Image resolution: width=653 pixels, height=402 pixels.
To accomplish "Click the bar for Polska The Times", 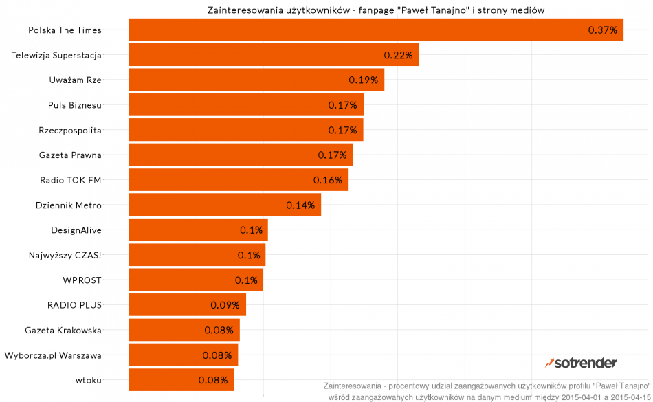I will pyautogui.click(x=376, y=30).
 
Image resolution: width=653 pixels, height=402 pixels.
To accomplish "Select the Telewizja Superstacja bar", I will pyautogui.click(x=274, y=55).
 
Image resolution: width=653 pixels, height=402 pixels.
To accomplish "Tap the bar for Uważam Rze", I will pyautogui.click(x=256, y=80).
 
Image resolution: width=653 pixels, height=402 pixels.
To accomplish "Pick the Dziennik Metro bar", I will pyautogui.click(x=225, y=205).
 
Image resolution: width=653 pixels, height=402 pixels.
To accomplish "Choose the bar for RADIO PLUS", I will pyautogui.click(x=187, y=304).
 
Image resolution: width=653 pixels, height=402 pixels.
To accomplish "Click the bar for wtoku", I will pyautogui.click(x=181, y=379).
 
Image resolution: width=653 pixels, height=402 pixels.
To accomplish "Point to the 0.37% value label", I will pyautogui.click(x=603, y=30).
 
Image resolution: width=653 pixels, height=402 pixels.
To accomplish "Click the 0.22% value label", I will pyautogui.click(x=398, y=55).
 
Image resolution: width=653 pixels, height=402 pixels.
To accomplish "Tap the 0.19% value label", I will pyautogui.click(x=363, y=80).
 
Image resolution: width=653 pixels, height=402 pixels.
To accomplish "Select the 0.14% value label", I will pyautogui.click(x=300, y=205).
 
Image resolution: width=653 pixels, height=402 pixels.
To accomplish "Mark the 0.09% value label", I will pyautogui.click(x=225, y=304).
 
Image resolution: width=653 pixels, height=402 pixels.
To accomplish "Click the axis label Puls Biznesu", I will pyautogui.click(x=75, y=105).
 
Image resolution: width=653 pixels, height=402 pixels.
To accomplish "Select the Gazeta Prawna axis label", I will pyautogui.click(x=70, y=155).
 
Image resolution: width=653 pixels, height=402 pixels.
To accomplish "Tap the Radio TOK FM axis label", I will pyautogui.click(x=71, y=180).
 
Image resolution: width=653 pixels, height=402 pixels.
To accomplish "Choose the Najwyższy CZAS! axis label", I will pyautogui.click(x=65, y=255).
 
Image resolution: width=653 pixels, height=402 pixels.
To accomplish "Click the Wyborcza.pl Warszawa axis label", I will pyautogui.click(x=53, y=355).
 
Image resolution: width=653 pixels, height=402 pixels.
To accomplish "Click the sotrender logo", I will pyautogui.click(x=581, y=362).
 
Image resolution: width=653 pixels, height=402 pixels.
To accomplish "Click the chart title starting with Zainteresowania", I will pyautogui.click(x=376, y=10).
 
